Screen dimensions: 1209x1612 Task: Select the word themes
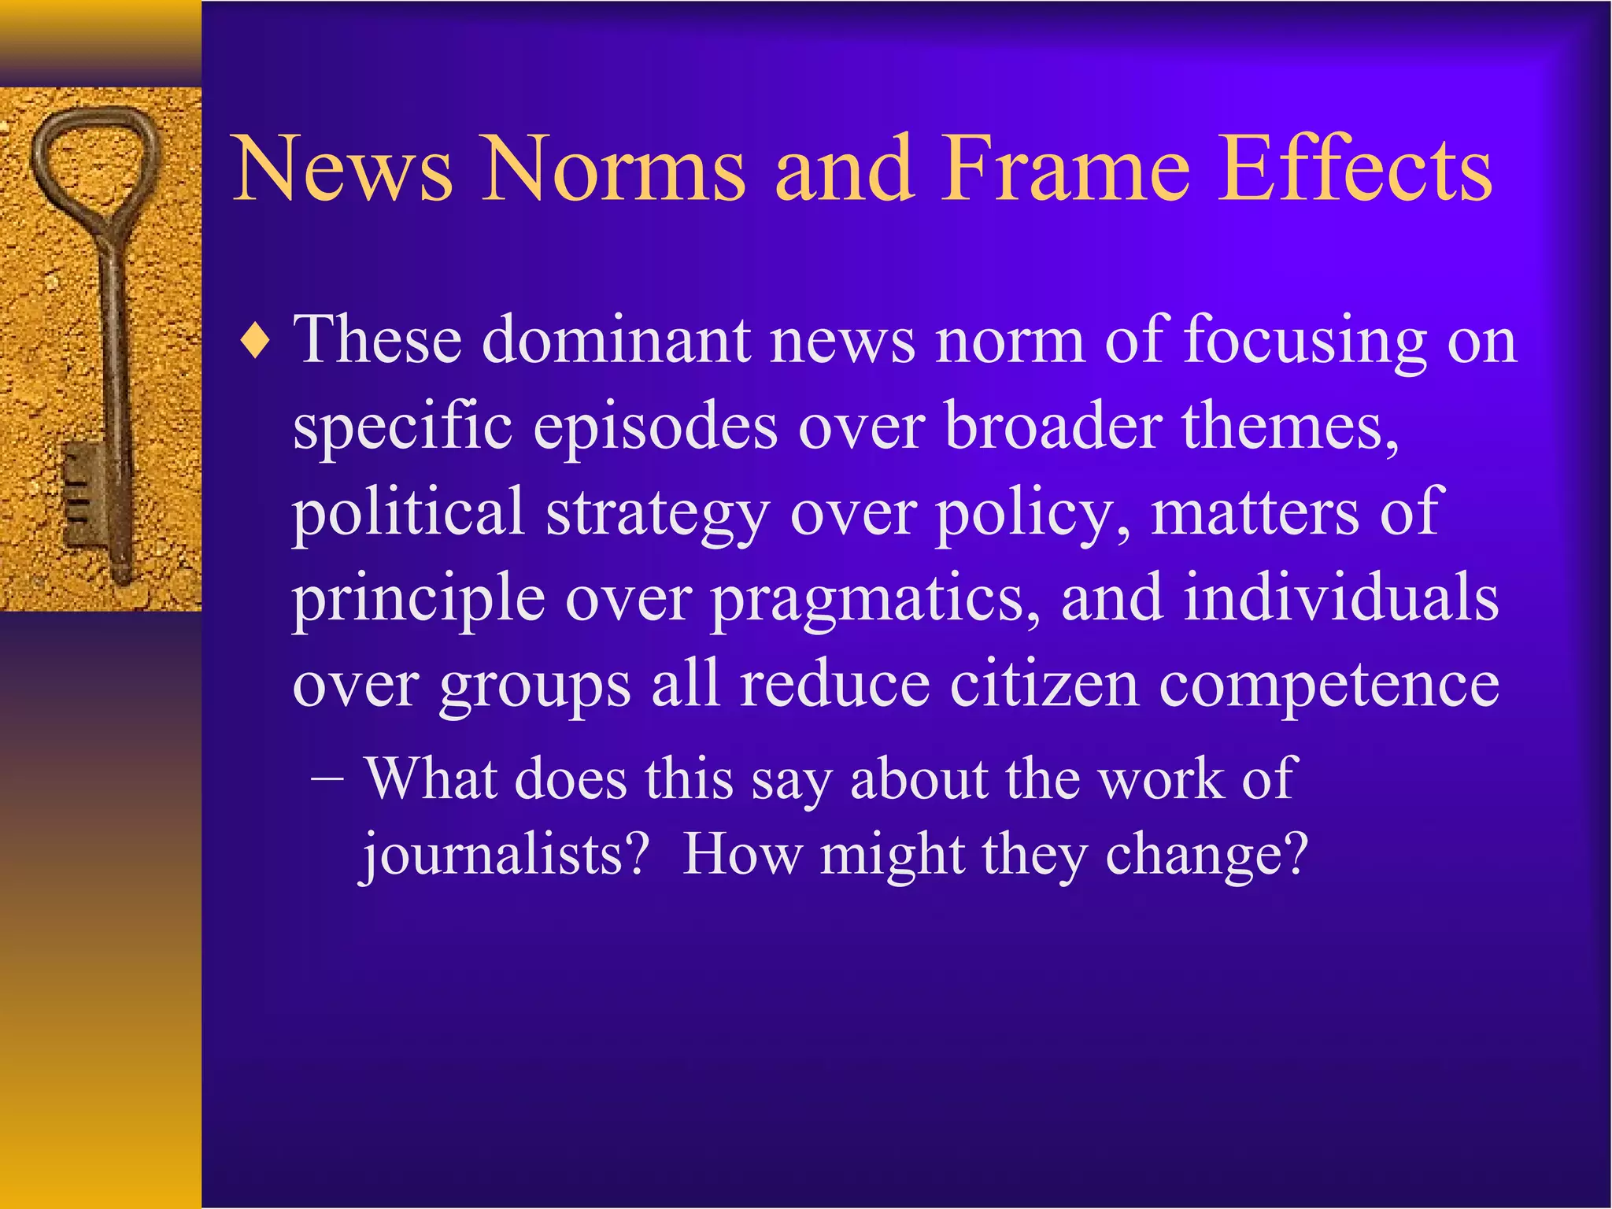click(x=1290, y=426)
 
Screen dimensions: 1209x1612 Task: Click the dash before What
click(x=327, y=779)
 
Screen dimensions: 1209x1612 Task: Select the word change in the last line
click(x=1205, y=856)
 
